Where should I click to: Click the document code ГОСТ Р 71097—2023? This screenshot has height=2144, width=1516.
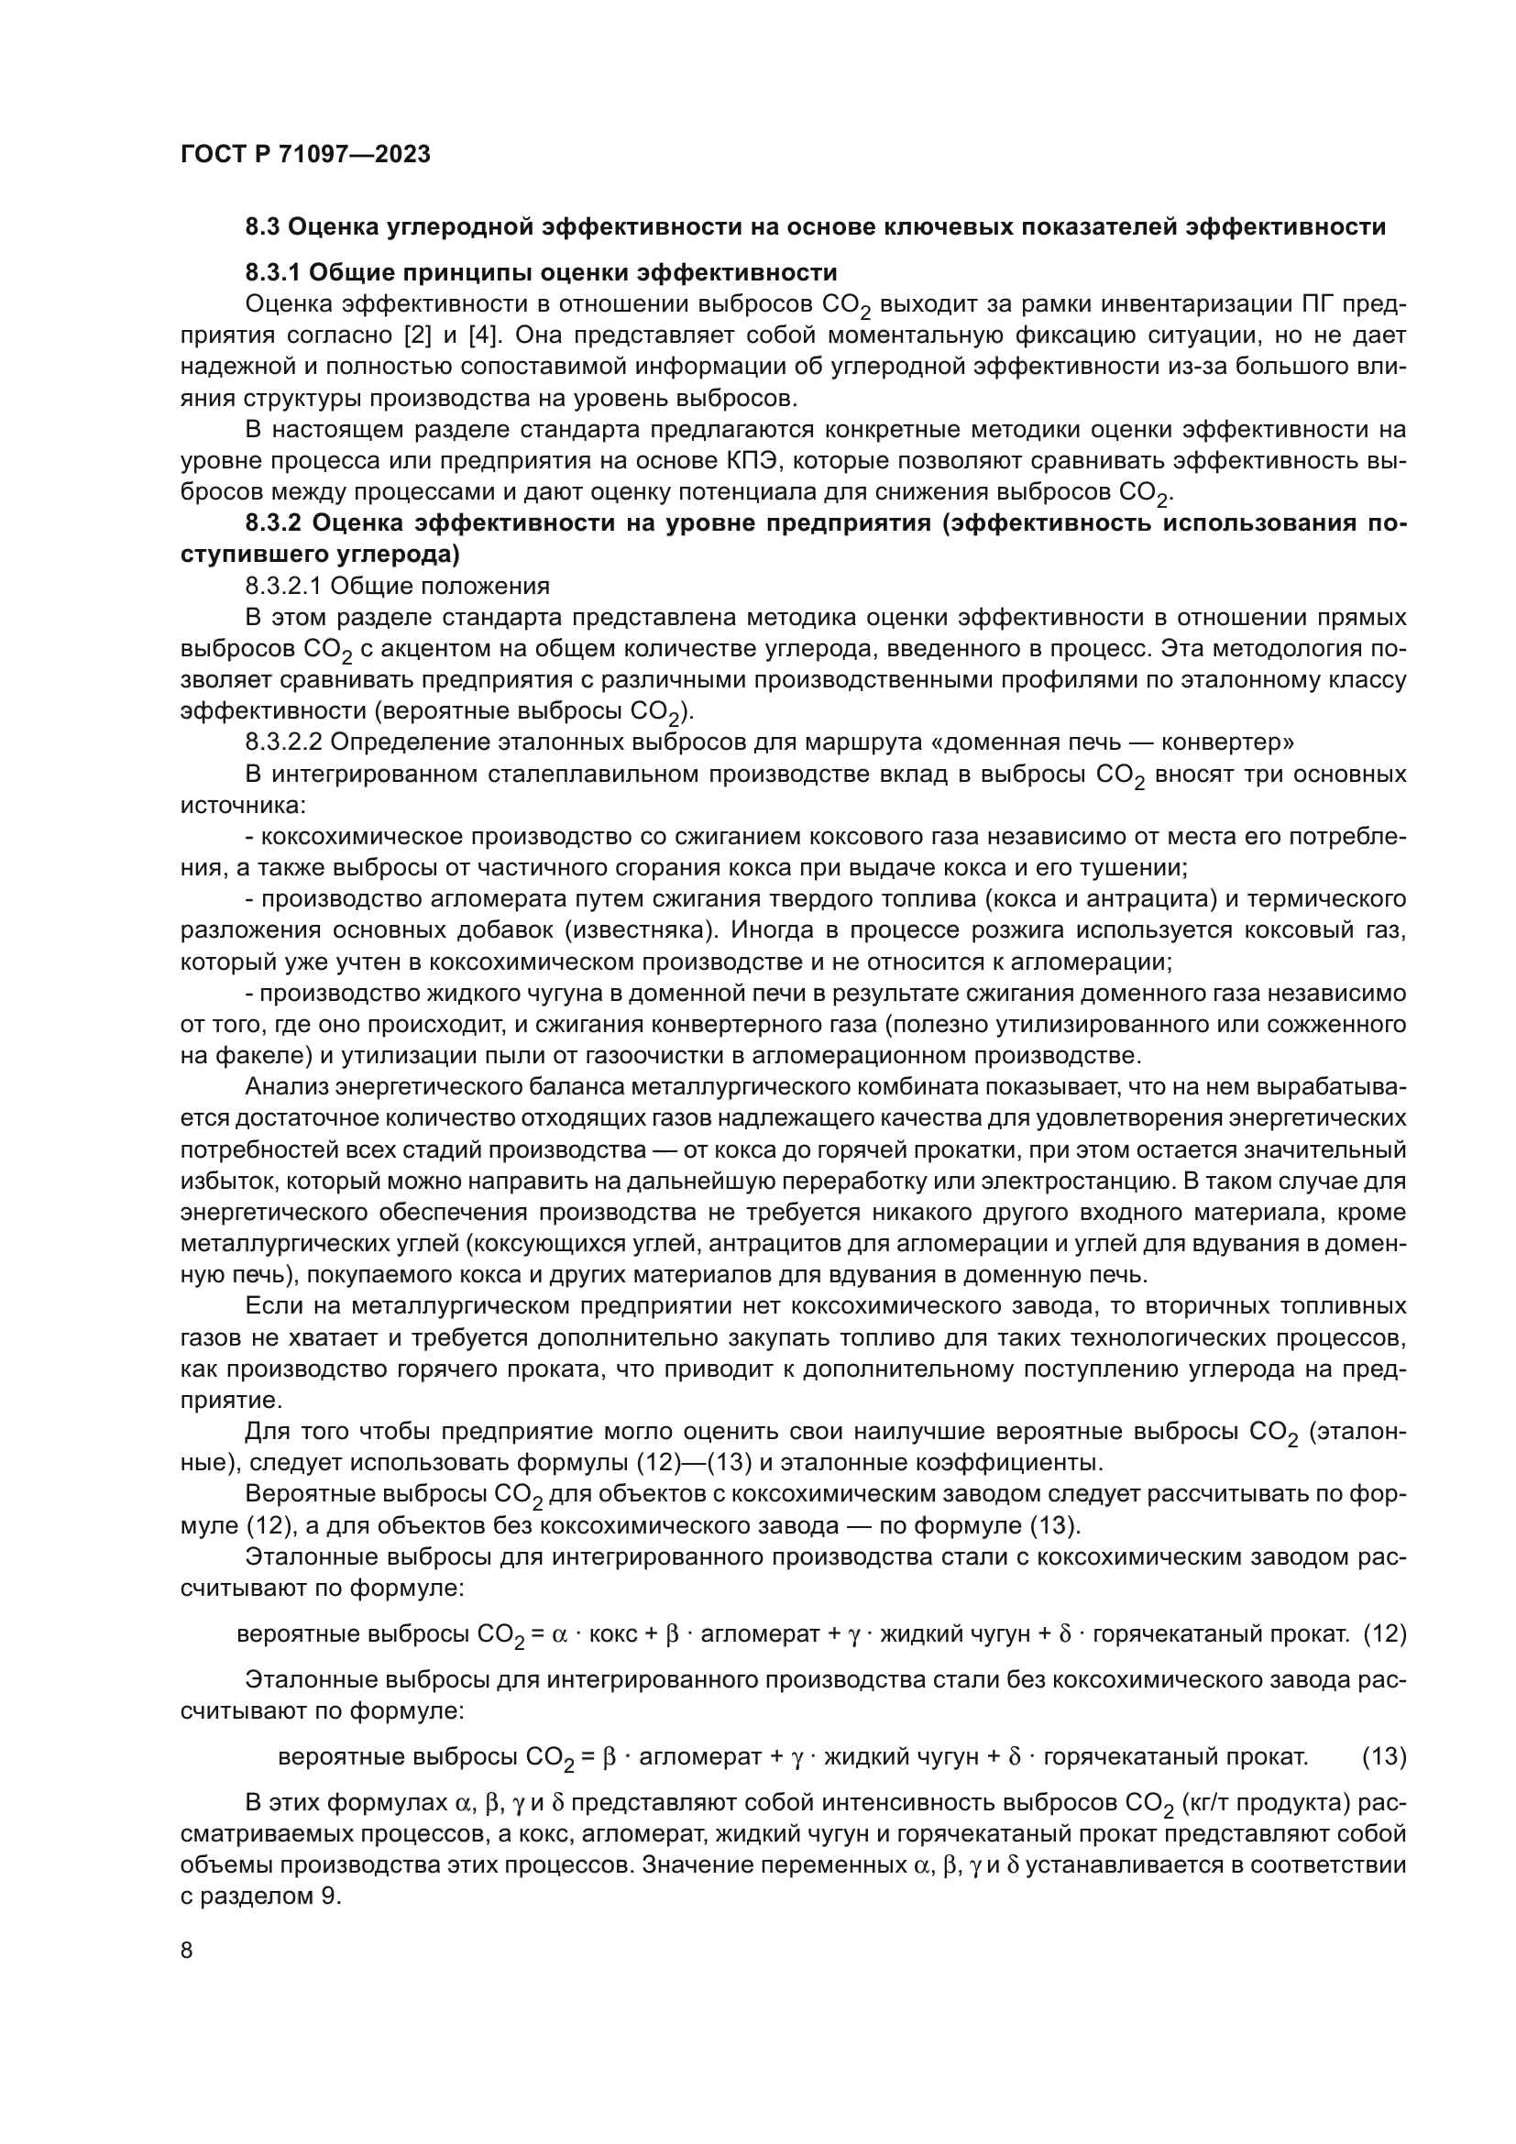point(305,154)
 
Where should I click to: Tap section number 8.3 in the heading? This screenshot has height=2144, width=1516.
point(264,227)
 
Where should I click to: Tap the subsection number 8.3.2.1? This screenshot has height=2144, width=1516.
point(284,586)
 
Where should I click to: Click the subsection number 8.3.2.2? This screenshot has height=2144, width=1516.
point(284,742)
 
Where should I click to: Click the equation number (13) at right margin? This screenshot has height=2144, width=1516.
point(1384,1756)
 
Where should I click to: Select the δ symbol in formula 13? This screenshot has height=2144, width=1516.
point(1015,1757)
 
